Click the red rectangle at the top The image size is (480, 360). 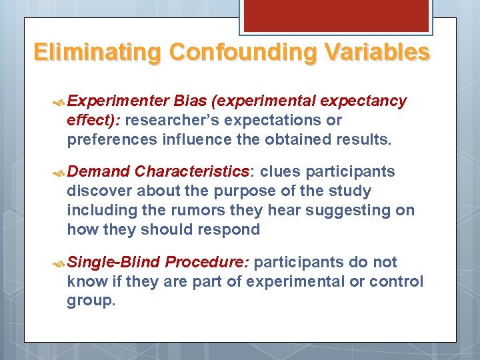[335, 15]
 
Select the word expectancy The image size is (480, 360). [363, 101]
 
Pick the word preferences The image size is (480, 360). [109, 139]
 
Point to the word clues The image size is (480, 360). [279, 171]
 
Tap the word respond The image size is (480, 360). [234, 230]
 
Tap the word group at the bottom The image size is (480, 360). [91, 301]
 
